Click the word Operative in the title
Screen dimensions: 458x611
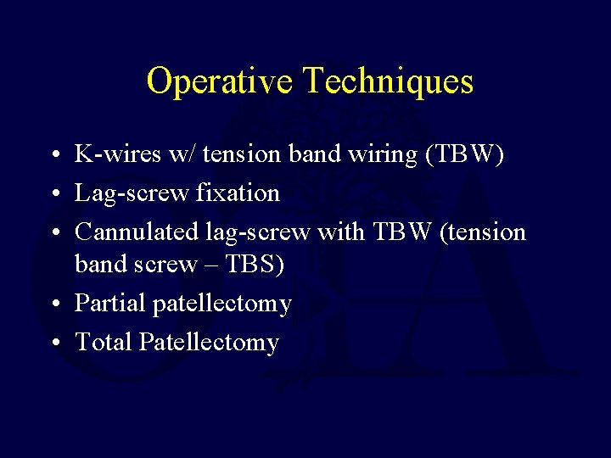pos(220,81)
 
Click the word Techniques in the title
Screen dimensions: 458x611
pos(388,81)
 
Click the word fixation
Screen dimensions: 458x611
pos(238,193)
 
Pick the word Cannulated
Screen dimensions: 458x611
pos(137,232)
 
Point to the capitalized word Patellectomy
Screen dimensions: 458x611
pos(209,343)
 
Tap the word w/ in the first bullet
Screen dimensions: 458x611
pos(179,154)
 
